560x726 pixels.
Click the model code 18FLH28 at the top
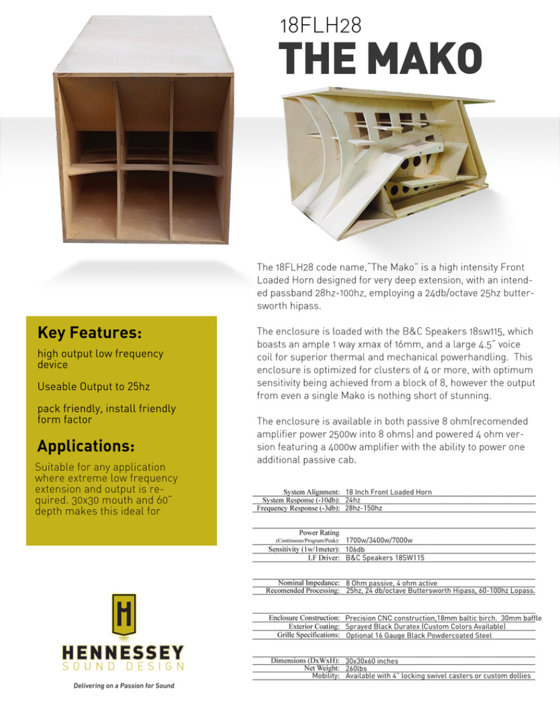pos(321,25)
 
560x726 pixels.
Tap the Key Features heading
pos(89,333)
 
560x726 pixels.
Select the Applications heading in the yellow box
pos(85,445)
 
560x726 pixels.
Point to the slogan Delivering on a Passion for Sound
pos(123,685)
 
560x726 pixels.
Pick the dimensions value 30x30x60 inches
pos(372,661)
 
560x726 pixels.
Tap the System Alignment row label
pos(311,492)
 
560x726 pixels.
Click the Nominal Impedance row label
pos(309,583)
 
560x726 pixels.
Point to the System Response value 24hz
pos(353,501)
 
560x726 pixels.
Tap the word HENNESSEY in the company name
pos(123,653)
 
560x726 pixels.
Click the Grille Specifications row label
pos(308,635)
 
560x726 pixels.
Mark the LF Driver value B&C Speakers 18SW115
pos(384,557)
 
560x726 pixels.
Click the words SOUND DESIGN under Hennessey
pos(123,667)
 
